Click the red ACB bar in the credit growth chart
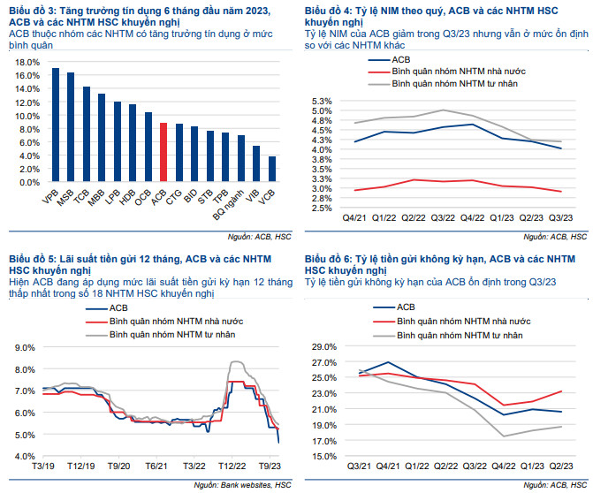[163, 152]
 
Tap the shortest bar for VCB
[272, 169]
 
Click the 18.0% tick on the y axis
[27, 63]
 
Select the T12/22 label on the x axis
[232, 466]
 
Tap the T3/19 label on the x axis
[44, 466]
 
